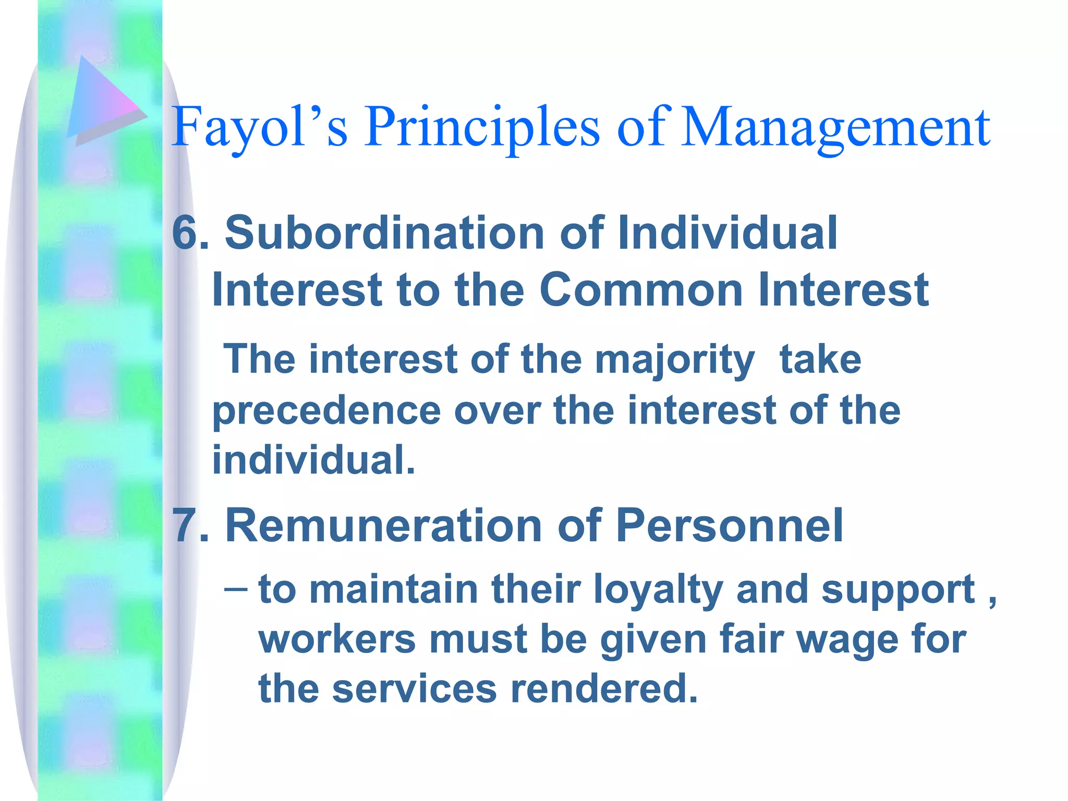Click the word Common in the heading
click(641, 290)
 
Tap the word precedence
click(326, 411)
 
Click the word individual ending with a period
click(313, 460)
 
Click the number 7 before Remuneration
click(184, 526)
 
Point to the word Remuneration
click(384, 526)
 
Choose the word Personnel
click(729, 526)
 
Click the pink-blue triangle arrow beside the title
click(102, 102)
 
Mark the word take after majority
click(820, 360)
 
